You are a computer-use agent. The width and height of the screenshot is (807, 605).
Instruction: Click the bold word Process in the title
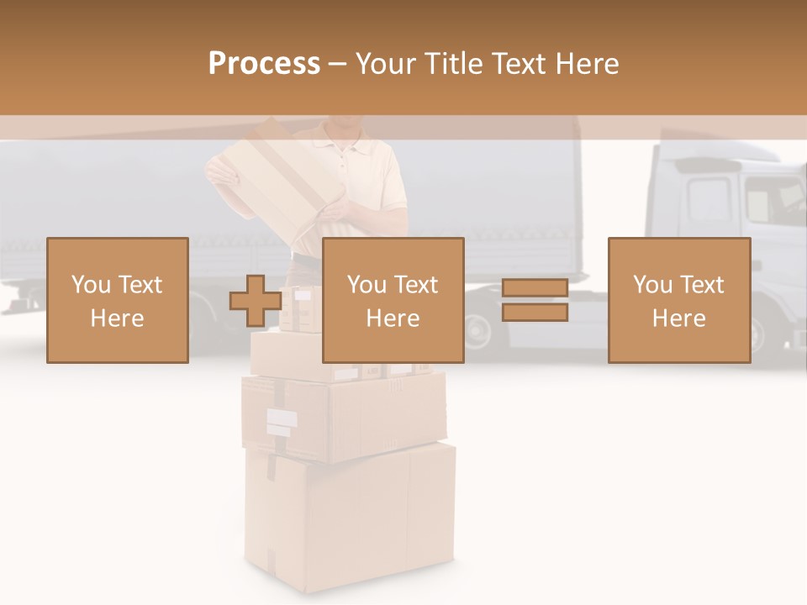click(x=264, y=64)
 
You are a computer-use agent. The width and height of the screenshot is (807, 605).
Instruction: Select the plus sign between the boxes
click(x=256, y=300)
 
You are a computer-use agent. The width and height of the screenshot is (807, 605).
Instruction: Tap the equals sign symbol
click(x=535, y=300)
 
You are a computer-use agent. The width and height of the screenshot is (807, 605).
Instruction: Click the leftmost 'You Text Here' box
click(x=117, y=300)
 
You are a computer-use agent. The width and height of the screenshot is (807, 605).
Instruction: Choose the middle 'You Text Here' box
click(x=393, y=300)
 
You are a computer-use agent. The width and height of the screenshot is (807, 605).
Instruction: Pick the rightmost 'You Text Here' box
click(x=678, y=300)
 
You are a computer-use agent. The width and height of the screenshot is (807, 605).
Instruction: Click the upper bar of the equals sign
click(x=535, y=288)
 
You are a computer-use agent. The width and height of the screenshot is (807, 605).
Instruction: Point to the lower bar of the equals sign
click(x=535, y=312)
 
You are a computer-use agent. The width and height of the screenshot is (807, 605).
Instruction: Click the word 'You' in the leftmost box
click(x=90, y=285)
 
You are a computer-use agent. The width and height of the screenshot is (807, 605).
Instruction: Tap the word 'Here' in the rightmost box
click(x=678, y=318)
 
